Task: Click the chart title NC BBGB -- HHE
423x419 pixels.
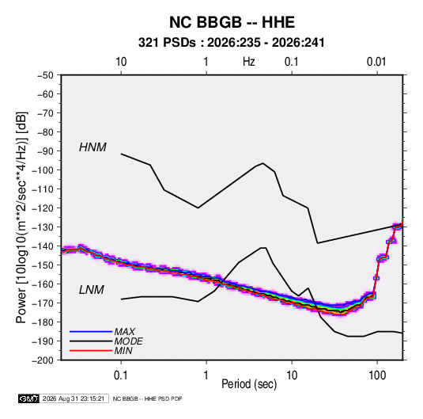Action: [232, 22]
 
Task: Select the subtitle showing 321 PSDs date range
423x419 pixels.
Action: [231, 43]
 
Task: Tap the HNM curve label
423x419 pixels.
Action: [93, 147]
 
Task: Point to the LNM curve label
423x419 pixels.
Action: [92, 290]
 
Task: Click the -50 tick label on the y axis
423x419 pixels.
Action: [45, 75]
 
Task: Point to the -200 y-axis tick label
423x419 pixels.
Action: [43, 360]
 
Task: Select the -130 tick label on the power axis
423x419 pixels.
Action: [43, 227]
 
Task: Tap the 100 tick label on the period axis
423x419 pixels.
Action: [377, 375]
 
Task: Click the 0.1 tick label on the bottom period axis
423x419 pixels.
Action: [121, 375]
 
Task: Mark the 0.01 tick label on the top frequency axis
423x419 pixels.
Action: [376, 62]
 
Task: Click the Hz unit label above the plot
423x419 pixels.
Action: [249, 62]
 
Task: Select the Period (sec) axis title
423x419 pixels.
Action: [249, 384]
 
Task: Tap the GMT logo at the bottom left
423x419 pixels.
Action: [29, 398]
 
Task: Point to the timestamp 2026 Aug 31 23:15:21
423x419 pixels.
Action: [74, 398]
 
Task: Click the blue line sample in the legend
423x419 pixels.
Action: [91, 332]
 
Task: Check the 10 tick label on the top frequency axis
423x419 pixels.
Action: [121, 62]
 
